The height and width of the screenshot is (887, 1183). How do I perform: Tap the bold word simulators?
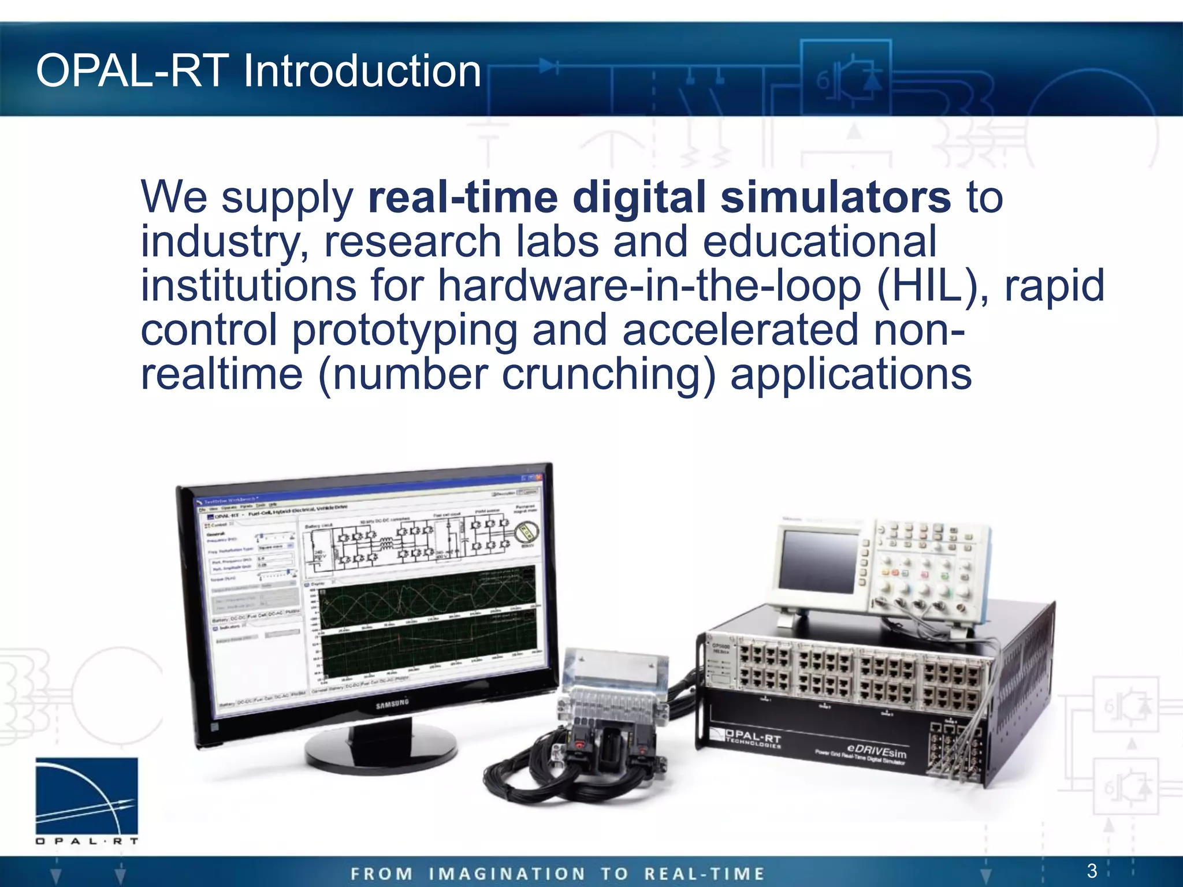coord(835,197)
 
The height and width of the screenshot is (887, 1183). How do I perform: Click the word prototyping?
coord(404,330)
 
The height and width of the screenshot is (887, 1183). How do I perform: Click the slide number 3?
coord(1092,870)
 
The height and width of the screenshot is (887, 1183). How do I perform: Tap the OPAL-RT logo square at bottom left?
coord(87,796)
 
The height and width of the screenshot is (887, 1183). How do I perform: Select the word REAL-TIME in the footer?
coord(704,874)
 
